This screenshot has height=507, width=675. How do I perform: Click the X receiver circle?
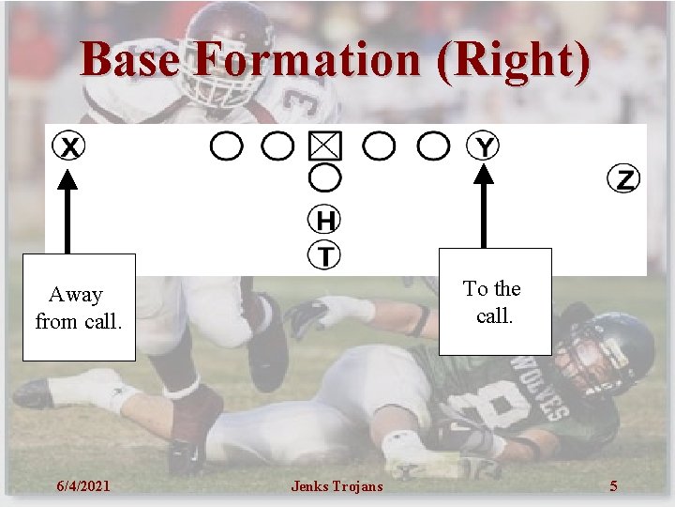coord(68,147)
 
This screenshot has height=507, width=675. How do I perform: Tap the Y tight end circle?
coord(484,146)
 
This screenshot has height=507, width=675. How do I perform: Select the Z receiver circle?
coord(623,178)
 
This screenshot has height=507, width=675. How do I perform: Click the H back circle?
coord(324,221)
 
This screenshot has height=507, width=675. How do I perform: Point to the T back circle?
coord(324,254)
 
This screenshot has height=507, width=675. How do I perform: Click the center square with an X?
coord(325,146)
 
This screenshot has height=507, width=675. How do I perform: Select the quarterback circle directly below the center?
coord(324,177)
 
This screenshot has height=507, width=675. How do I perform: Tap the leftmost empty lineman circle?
coord(226,146)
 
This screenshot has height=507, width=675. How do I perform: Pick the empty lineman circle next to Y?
coord(433,146)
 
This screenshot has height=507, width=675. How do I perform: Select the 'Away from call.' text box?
coord(79,308)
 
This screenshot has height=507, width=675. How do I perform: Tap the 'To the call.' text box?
coord(494,302)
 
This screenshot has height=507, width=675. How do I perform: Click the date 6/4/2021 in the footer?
coord(82,485)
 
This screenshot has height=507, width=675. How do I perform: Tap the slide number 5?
coord(613,485)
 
